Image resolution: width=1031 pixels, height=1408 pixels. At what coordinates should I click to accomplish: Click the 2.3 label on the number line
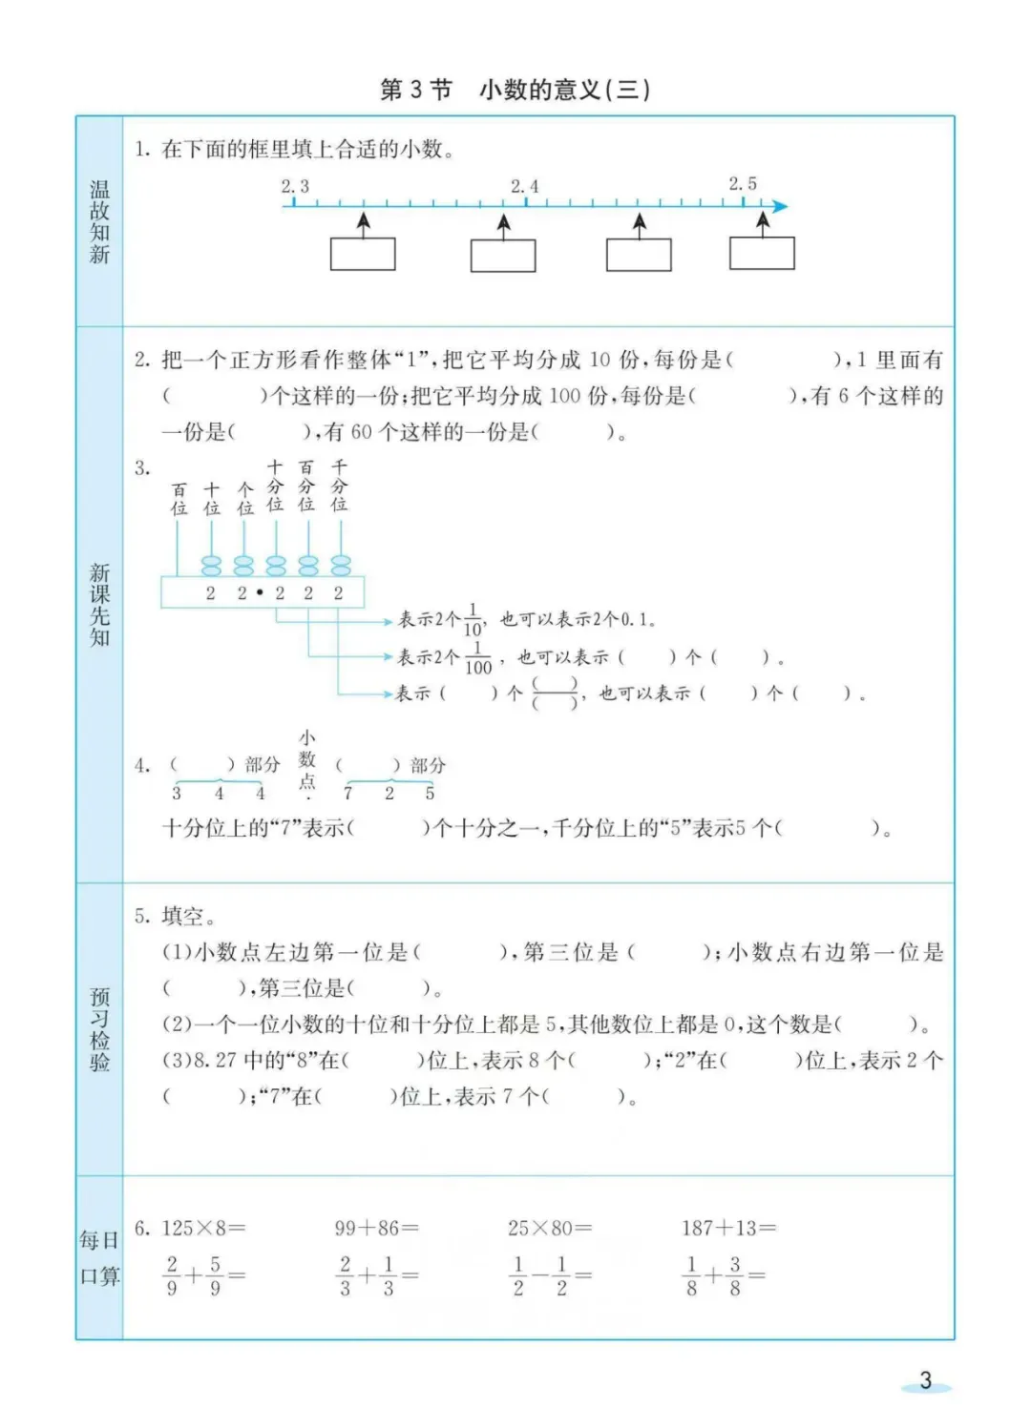pos(294,187)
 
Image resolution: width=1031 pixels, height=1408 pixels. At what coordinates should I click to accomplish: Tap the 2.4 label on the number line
pos(524,187)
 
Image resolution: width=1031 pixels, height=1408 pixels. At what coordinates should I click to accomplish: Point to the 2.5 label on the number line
pos(743,184)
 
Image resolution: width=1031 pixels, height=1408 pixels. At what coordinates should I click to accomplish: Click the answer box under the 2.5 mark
pos(762,253)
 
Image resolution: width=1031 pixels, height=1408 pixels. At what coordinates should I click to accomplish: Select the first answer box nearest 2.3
pos(363,254)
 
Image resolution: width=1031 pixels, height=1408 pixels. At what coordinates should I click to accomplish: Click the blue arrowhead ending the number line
pos(780,206)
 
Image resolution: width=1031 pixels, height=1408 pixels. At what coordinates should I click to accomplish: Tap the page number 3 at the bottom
pos(925,1380)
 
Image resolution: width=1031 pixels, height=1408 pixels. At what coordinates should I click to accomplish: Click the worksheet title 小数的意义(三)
pos(564,90)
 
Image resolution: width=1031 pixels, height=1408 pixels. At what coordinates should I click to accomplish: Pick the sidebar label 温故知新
pos(99,221)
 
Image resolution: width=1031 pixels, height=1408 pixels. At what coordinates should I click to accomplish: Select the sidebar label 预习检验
pos(99,1029)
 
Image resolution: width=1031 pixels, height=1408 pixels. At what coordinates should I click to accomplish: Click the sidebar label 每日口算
pos(99,1257)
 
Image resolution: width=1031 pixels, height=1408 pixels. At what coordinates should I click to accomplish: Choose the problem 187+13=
pos(728,1228)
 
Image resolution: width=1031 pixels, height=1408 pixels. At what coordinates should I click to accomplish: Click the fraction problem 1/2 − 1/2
pos(550,1275)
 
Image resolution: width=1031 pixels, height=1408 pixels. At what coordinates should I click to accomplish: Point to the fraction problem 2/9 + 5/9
pos(203,1275)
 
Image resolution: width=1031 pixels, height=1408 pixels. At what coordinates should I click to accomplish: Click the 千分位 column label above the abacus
pos(339,486)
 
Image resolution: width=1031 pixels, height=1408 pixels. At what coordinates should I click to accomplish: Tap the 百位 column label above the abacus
pos(179,499)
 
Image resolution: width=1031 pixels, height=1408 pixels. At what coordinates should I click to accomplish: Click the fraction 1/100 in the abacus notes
pos(477,658)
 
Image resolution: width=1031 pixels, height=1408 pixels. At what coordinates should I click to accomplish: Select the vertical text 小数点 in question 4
pos(307,760)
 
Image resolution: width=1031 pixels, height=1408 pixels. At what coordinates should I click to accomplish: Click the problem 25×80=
pos(549,1228)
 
